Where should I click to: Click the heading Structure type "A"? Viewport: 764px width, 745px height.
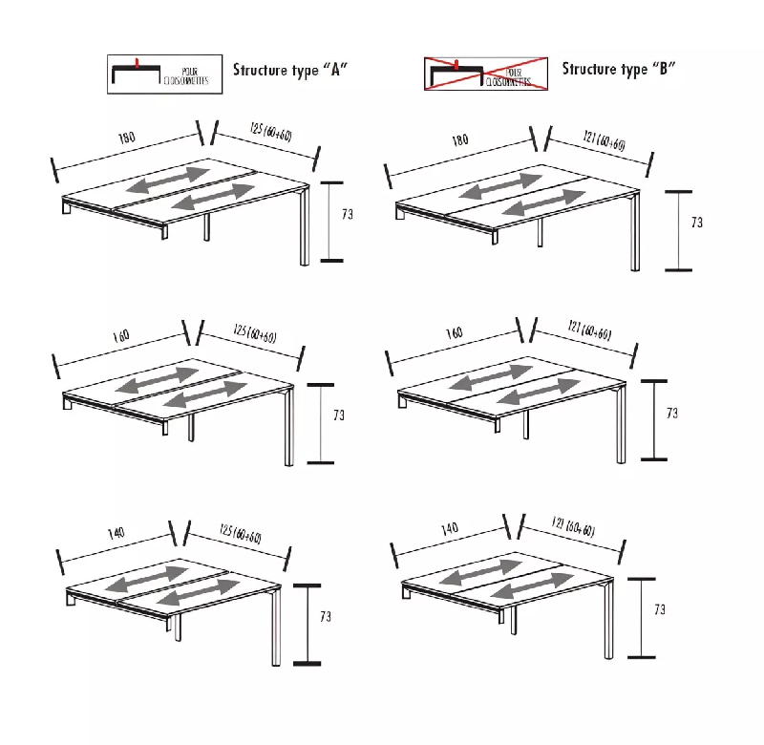pyautogui.click(x=289, y=69)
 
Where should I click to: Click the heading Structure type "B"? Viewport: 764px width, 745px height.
pyautogui.click(x=619, y=69)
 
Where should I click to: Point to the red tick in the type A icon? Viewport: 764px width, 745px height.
pyautogui.click(x=139, y=64)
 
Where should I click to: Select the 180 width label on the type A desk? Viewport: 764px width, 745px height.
pyautogui.click(x=127, y=138)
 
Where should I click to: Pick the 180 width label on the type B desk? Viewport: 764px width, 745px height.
pyautogui.click(x=460, y=139)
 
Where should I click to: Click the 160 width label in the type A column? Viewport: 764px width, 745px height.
pyautogui.click(x=121, y=336)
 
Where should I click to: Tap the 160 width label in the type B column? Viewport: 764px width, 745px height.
pyautogui.click(x=454, y=332)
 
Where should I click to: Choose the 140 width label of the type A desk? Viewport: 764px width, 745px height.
pyautogui.click(x=115, y=533)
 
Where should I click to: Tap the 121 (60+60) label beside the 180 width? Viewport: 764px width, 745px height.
pyautogui.click(x=604, y=140)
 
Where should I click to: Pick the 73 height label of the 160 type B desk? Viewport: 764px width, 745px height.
pyautogui.click(x=672, y=414)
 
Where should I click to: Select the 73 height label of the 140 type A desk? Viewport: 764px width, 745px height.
pyautogui.click(x=325, y=617)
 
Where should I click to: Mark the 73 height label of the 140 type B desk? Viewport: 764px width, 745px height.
pyautogui.click(x=660, y=608)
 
